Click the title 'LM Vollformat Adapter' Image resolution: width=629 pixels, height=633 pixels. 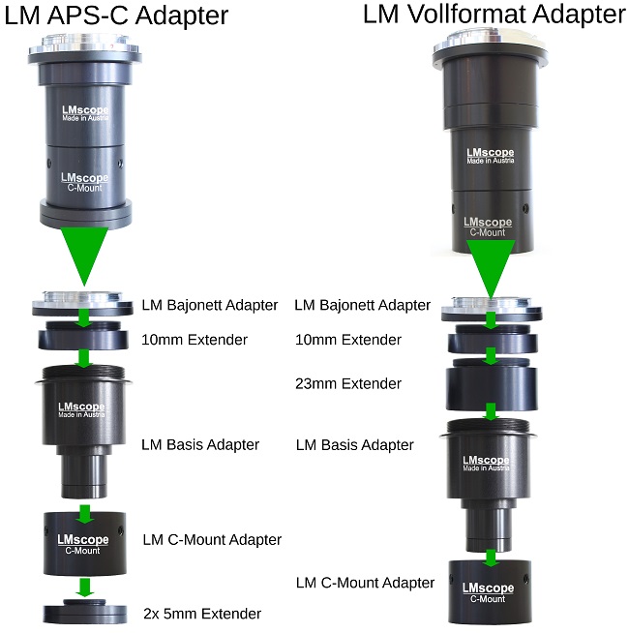tap(494, 15)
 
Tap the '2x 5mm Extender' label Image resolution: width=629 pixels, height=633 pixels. tap(201, 614)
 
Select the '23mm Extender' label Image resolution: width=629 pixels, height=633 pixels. tap(347, 384)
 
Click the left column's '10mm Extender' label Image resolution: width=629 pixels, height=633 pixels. tap(194, 340)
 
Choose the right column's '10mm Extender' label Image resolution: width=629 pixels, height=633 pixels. tap(347, 340)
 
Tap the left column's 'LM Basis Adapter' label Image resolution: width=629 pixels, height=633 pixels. tap(200, 445)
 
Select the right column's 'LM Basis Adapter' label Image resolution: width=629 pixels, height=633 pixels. tap(354, 445)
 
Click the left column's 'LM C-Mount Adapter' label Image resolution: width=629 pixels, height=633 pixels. tap(212, 539)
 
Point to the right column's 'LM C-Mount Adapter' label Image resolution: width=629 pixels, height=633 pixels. tap(365, 583)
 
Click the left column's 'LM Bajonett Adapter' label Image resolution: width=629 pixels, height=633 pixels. tap(209, 306)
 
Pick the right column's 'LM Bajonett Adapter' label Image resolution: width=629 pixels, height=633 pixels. tap(362, 306)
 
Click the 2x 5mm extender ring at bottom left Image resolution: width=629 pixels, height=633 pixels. tap(84, 612)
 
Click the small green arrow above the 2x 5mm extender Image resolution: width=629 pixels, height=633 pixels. tap(84, 587)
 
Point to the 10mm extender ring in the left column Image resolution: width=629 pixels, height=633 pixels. tap(84, 339)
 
